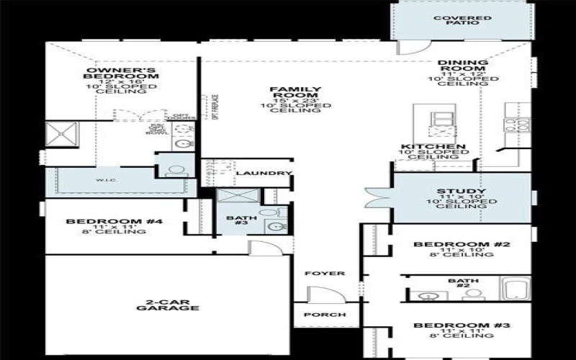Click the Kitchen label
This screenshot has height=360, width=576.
click(x=433, y=147)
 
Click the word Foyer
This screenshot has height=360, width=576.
click(x=325, y=274)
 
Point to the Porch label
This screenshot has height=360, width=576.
click(x=326, y=315)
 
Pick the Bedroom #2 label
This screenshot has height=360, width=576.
click(x=462, y=245)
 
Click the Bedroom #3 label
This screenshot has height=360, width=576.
click(x=462, y=326)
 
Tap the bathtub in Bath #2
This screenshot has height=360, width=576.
click(x=515, y=290)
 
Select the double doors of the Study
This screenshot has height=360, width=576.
click(x=377, y=196)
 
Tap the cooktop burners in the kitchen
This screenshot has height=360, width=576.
click(x=517, y=124)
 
